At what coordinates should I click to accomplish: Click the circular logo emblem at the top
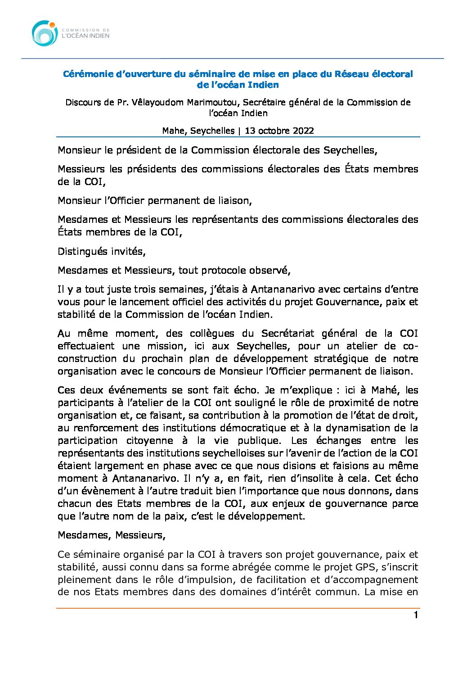pos(45,33)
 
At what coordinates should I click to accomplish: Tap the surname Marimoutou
pos(214,102)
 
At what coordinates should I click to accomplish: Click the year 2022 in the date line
pos(303,131)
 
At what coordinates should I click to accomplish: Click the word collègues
pos(212,334)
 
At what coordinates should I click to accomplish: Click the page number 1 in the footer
pos(416,615)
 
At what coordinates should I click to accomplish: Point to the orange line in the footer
pos(238,608)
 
